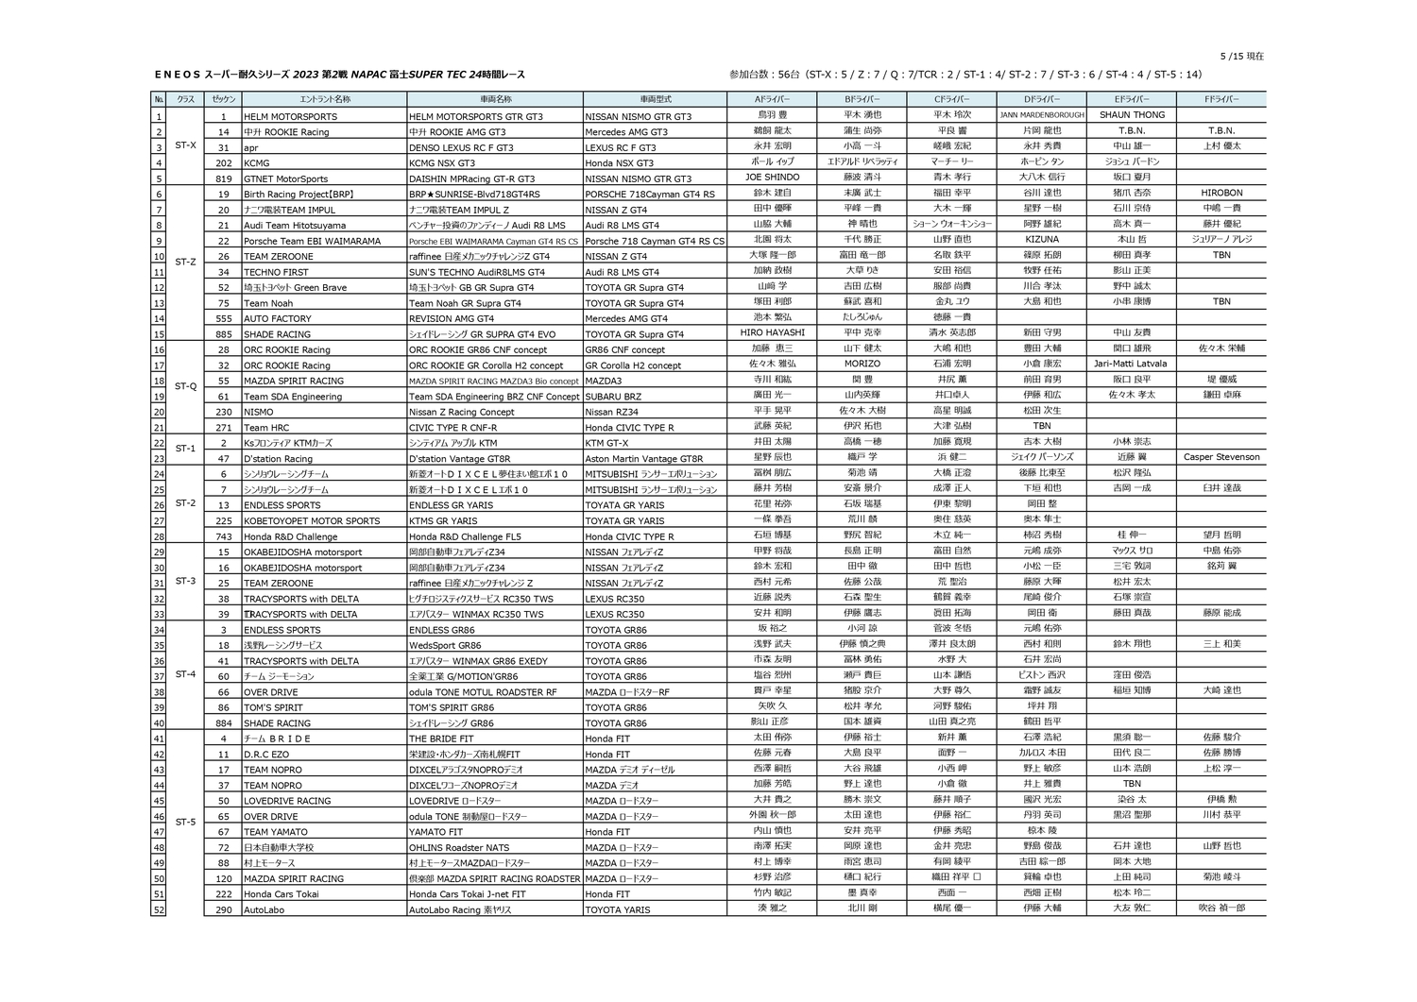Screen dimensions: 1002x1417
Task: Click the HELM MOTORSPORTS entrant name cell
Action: tap(284, 116)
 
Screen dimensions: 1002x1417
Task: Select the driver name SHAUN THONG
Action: tap(1132, 115)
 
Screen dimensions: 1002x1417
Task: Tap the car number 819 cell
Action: tap(224, 178)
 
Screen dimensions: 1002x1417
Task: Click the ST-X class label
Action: tap(186, 145)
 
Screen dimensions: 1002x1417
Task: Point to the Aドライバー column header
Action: tap(772, 99)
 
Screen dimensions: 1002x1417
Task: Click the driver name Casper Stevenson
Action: tap(1221, 457)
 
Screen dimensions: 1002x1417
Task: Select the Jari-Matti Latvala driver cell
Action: tap(1131, 364)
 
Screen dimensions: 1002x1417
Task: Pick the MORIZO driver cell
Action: tap(862, 364)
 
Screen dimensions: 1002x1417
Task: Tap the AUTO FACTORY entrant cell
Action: tap(278, 319)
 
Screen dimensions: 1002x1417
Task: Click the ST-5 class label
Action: tap(186, 823)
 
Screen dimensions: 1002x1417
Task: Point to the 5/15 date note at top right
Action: tap(1241, 57)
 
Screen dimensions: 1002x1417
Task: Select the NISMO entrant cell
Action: tap(259, 412)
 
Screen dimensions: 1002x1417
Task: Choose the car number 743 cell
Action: tap(224, 536)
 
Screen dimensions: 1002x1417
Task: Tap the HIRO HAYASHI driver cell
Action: tap(772, 332)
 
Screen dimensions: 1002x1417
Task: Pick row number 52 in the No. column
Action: tap(159, 910)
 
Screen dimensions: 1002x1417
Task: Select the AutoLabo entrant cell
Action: tap(265, 910)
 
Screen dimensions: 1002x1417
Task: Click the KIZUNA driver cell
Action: tap(1042, 240)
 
